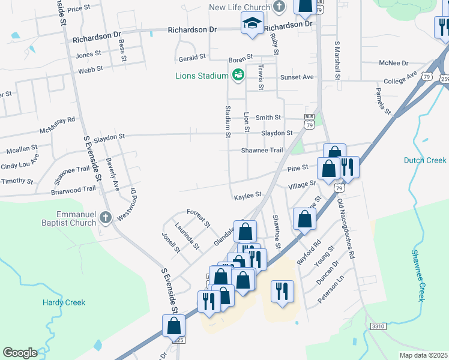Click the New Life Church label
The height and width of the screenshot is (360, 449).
(x=239, y=7)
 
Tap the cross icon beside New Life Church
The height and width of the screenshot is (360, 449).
(x=278, y=7)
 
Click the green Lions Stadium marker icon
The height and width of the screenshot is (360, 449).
(x=238, y=75)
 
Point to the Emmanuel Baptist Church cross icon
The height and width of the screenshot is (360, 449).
(x=106, y=217)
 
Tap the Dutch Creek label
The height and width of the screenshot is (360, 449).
(x=425, y=160)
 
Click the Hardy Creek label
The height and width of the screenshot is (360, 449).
(x=64, y=302)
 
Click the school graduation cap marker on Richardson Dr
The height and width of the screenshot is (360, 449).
(x=252, y=25)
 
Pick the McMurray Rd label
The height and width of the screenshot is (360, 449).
(x=58, y=125)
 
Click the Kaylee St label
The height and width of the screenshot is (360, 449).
(x=248, y=195)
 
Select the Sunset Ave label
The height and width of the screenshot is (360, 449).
(x=297, y=77)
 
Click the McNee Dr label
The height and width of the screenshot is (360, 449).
(x=393, y=63)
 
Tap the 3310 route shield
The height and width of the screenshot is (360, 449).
(x=378, y=326)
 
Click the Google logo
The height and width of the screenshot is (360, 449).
(x=20, y=352)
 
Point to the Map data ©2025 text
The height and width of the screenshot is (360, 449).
(x=424, y=355)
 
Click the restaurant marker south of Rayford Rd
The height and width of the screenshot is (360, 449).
(x=282, y=292)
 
